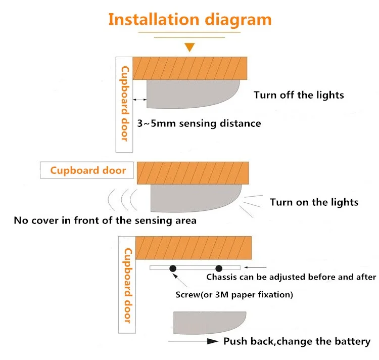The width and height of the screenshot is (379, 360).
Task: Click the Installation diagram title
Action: click(189, 20)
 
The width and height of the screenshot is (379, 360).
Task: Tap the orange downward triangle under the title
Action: click(189, 48)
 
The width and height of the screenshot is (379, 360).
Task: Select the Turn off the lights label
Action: click(299, 95)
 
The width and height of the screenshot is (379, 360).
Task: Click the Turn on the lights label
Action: click(314, 202)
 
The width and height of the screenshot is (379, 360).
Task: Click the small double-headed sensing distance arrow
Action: click(139, 100)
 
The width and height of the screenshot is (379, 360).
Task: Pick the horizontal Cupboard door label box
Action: click(87, 170)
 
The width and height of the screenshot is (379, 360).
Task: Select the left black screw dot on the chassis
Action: click(173, 268)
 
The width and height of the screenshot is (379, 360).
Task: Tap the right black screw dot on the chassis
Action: click(219, 268)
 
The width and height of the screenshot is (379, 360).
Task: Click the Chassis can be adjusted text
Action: click(291, 277)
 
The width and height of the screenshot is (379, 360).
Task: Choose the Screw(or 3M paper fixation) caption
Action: click(234, 294)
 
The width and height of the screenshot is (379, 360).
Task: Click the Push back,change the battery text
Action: click(297, 342)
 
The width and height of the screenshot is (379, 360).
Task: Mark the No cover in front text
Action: click(105, 220)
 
